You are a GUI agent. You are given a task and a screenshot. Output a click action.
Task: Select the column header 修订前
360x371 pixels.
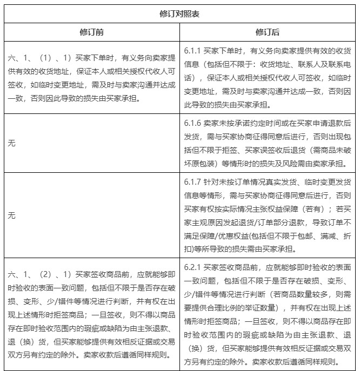(92, 32)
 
